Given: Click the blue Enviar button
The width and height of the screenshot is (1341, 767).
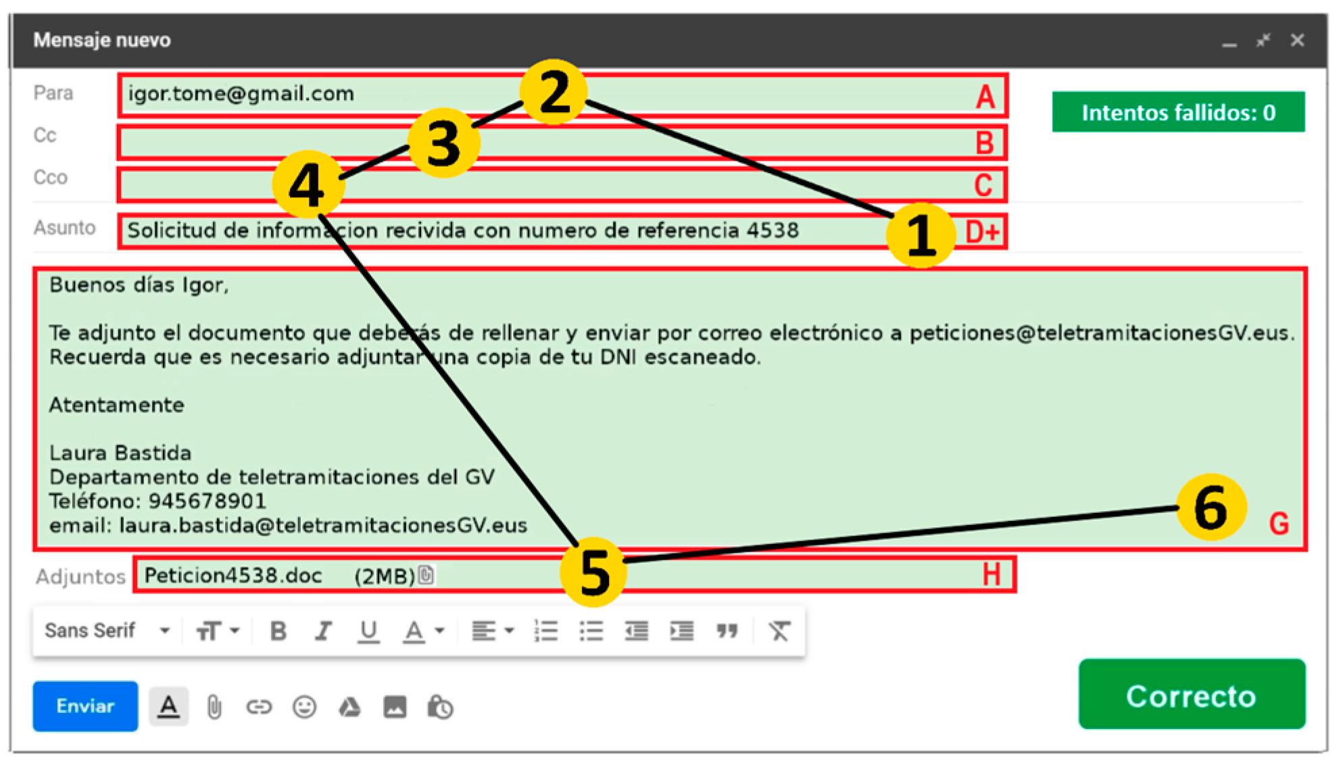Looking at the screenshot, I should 85,706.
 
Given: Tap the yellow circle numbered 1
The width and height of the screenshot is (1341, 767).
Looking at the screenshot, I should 921,235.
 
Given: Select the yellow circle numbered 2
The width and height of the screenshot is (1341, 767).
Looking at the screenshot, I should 554,93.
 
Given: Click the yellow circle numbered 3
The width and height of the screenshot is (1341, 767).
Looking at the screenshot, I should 443,143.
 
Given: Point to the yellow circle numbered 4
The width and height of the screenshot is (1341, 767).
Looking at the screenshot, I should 308,184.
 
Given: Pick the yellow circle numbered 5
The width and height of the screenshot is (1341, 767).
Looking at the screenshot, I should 593,572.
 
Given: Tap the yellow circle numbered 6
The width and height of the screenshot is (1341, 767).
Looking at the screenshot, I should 1211,508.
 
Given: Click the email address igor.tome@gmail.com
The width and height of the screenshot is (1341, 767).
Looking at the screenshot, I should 241,93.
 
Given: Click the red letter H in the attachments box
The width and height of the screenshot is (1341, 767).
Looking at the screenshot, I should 991,575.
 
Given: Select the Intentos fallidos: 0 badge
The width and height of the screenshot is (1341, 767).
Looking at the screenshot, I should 1177,112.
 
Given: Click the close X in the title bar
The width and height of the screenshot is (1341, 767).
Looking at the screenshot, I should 1296,41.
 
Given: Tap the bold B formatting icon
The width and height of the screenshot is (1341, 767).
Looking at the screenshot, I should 278,631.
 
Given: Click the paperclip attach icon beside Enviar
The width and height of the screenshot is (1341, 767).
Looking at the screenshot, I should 214,708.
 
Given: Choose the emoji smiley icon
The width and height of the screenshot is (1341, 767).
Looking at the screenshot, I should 304,708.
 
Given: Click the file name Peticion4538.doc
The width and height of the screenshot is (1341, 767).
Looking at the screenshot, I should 233,576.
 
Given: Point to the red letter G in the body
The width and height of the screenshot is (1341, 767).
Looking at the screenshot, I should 1278,524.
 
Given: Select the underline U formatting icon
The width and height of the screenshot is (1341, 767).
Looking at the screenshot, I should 368,631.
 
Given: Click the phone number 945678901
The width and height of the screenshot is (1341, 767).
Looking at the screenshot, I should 208,501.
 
